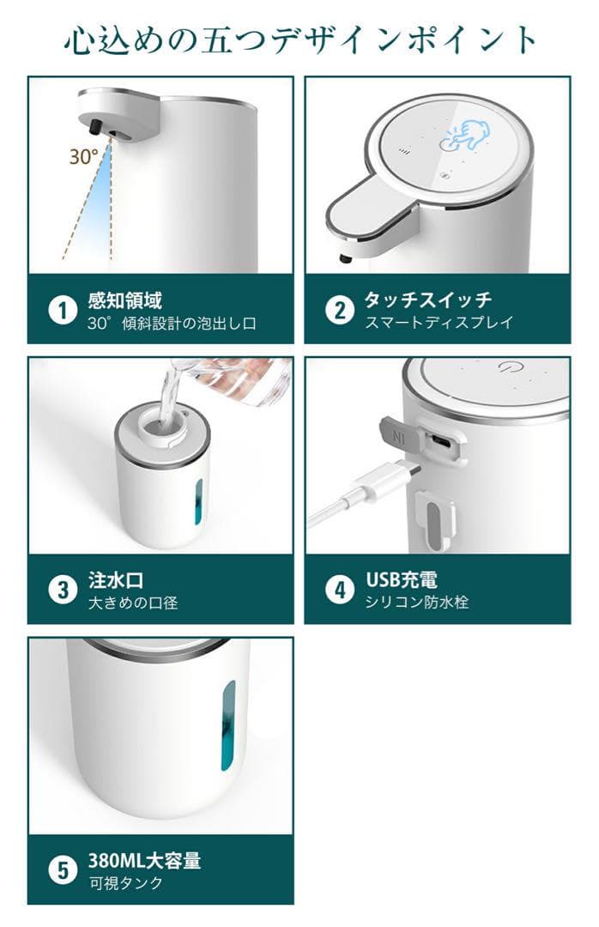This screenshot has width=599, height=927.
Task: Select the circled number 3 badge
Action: pos(63,591)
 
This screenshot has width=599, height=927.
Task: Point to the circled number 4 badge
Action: pos(340,591)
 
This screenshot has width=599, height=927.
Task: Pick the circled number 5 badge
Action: pos(63,871)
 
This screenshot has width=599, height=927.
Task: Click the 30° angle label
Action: pos(83,157)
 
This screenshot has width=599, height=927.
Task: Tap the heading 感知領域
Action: pos(124,301)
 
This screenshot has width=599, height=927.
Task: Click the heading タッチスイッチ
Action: pos(427,300)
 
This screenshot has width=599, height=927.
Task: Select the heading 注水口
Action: pos(116,580)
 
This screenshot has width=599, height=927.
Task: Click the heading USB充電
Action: pos(402,580)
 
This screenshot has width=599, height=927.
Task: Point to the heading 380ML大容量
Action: pos(144,861)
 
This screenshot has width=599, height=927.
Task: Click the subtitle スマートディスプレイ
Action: pos(439,323)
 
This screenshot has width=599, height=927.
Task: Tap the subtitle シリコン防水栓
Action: pos(416,603)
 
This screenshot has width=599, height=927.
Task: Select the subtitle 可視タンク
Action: pos(125,883)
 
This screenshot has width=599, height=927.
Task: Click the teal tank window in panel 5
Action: pos(228,725)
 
